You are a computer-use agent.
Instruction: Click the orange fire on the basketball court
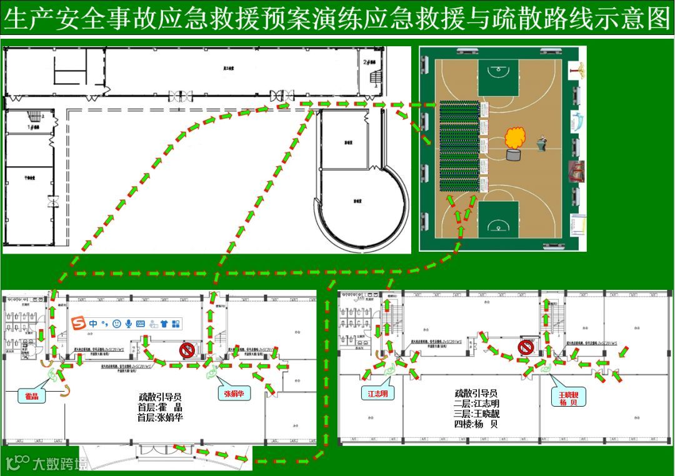[516, 137]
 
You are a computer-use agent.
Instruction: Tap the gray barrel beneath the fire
[513, 155]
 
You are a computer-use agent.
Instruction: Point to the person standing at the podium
[541, 144]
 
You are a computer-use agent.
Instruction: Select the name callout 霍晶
[31, 396]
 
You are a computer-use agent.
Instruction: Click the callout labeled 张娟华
[234, 394]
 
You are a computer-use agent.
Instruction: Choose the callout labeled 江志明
[377, 394]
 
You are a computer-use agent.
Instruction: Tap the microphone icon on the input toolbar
[129, 324]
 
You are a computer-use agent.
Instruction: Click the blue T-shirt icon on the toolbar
[164, 324]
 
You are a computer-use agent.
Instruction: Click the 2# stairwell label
[369, 62]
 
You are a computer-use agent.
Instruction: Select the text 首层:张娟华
[160, 417]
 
